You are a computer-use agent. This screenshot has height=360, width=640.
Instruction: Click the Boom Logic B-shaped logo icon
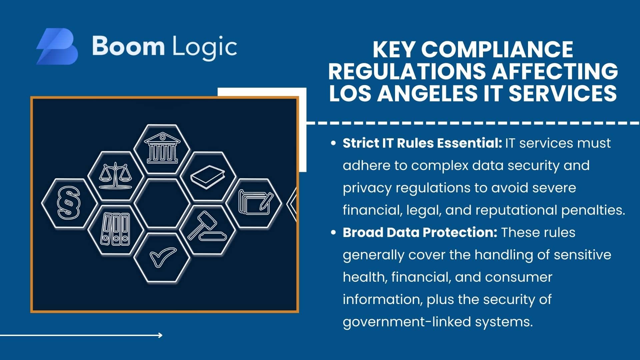click(x=57, y=46)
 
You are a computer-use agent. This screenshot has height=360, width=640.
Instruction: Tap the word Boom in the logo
click(x=128, y=46)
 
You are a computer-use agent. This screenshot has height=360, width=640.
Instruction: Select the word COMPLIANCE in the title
click(x=497, y=50)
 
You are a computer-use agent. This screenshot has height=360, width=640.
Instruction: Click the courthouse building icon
click(x=162, y=148)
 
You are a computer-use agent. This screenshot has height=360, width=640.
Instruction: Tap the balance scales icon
click(x=115, y=176)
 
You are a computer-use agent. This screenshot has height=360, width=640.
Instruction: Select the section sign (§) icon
click(x=69, y=203)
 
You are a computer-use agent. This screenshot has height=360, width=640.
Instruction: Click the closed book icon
click(x=208, y=177)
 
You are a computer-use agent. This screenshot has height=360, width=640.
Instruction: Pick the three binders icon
click(x=115, y=230)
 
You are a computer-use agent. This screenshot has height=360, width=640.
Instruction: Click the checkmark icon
click(x=162, y=257)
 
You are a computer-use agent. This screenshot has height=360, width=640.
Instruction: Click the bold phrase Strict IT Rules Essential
click(x=422, y=143)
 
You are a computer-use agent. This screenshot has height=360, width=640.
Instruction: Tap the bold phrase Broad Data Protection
click(x=420, y=232)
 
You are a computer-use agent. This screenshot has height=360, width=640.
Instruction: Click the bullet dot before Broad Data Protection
click(x=333, y=233)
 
